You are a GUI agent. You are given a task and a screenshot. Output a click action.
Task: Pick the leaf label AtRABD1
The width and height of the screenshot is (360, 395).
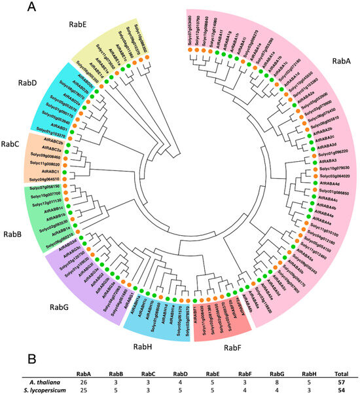[x=56, y=122]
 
